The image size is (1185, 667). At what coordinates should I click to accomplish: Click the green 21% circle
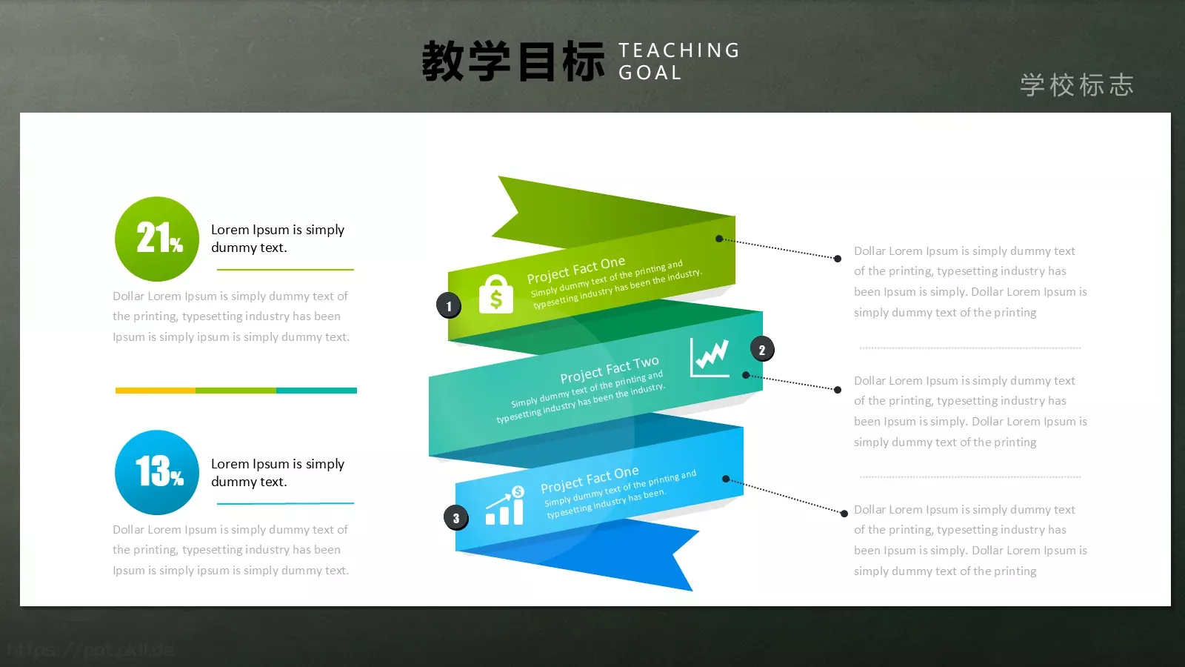[157, 239]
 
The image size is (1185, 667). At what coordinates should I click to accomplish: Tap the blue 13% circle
[157, 472]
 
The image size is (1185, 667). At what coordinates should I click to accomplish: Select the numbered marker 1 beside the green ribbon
[449, 305]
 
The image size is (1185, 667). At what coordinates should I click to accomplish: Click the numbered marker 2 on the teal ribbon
[762, 350]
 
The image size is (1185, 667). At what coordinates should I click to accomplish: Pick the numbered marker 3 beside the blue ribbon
[456, 518]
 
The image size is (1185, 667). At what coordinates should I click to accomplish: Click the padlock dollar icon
[496, 294]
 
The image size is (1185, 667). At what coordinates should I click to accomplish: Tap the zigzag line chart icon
[710, 357]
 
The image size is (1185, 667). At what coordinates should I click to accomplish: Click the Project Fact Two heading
[609, 370]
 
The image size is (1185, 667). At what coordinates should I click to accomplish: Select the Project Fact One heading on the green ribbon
[575, 271]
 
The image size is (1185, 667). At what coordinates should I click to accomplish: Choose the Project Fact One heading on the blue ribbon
[589, 479]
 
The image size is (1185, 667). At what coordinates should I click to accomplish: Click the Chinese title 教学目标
[513, 62]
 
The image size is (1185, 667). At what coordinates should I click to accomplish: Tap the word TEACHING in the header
[679, 50]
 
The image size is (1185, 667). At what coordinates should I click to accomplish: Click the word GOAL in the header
[650, 73]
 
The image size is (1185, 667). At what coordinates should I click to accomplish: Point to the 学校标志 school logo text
[1077, 85]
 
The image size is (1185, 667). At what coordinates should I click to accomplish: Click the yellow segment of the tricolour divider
[156, 390]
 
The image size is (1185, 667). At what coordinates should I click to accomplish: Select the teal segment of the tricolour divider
[316, 390]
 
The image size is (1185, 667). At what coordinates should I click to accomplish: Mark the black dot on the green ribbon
[719, 239]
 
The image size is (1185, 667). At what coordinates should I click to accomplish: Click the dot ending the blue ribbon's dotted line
[844, 513]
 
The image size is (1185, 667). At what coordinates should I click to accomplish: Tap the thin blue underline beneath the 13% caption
[285, 504]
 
